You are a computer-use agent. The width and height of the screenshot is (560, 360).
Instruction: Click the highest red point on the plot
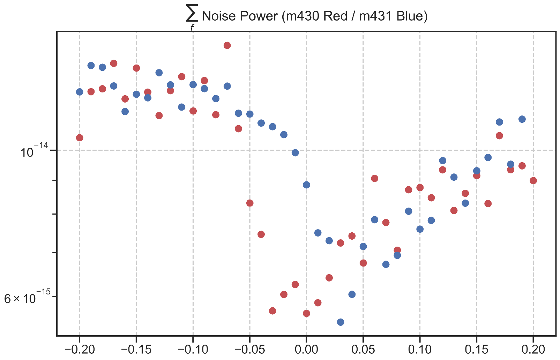(227, 45)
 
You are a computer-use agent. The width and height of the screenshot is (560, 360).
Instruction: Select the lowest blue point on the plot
(341, 322)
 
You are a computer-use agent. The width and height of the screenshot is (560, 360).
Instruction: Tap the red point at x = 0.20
(533, 181)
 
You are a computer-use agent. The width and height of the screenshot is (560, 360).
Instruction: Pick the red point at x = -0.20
(80, 138)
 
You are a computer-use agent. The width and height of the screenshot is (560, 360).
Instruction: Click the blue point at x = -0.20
(80, 92)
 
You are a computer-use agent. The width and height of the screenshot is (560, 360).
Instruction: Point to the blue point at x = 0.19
(522, 119)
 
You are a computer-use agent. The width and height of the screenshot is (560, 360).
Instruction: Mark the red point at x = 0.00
(306, 313)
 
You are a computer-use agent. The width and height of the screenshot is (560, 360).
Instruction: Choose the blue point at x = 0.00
(306, 185)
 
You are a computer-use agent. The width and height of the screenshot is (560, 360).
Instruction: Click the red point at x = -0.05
(250, 203)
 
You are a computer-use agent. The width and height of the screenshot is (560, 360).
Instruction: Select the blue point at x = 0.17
(499, 122)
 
